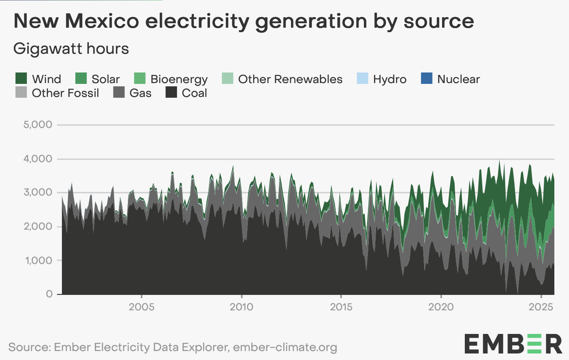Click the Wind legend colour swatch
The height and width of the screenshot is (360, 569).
point(21,78)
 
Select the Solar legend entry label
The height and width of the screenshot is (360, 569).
point(105,79)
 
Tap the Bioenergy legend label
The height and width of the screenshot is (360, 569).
point(179,79)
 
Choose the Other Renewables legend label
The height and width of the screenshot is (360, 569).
point(290,79)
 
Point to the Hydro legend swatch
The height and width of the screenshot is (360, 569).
point(362,78)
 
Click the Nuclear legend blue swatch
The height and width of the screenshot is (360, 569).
point(427,78)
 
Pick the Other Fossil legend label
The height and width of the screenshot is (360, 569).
point(65,93)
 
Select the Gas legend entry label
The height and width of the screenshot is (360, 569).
point(140,93)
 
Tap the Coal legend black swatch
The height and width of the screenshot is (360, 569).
point(171,92)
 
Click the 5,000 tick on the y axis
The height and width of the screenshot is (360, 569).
point(38,125)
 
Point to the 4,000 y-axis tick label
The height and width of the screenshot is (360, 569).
point(38,159)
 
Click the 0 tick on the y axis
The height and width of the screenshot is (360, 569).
point(49,294)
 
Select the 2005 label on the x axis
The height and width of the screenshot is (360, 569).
point(142,307)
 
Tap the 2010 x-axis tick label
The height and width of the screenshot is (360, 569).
point(241,307)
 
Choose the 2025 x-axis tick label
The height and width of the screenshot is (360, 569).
point(541,307)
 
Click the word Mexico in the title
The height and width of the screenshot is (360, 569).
point(102,21)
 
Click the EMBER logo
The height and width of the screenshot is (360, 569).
point(513,344)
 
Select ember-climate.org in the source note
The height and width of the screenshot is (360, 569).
point(285,347)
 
